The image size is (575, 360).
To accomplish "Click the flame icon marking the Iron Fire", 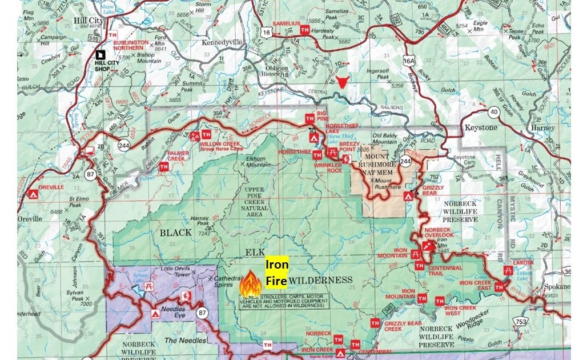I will (x=250, y=283).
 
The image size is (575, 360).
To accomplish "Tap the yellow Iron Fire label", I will (x=276, y=273).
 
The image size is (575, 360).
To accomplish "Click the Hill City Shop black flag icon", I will (x=100, y=54).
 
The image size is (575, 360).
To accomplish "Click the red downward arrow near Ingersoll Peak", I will (x=342, y=82).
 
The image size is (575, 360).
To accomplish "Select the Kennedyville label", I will (x=219, y=42).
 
